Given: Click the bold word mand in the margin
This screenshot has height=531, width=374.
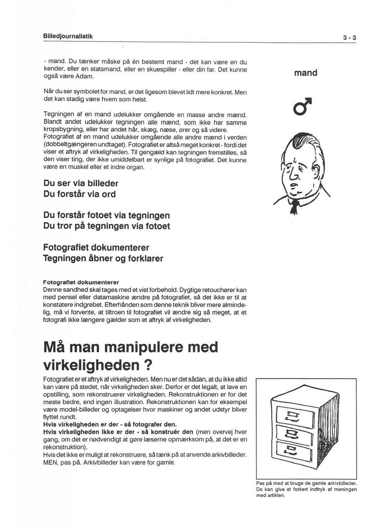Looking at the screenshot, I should point(306,73).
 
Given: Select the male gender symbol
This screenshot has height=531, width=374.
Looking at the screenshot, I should point(303,106).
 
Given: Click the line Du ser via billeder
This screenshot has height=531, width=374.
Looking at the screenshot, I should point(81,183).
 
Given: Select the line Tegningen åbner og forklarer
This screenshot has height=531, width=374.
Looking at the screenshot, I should point(103,258).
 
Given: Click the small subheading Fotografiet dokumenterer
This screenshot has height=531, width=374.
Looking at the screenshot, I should point(81,282).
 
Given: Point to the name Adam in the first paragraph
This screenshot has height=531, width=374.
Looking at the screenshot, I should point(85,76).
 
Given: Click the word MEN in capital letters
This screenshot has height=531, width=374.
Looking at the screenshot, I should point(50,462).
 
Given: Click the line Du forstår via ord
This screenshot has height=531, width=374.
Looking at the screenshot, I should point(79,194).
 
